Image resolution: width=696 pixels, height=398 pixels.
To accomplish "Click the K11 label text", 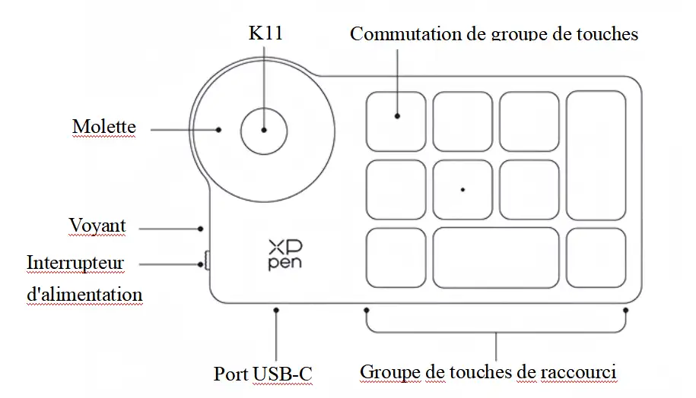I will tap(265, 33).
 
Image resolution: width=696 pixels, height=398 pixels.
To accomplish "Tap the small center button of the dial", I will tap(264, 130).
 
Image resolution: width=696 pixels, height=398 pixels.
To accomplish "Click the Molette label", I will tap(103, 126).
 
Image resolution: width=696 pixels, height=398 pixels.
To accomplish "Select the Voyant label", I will tap(97, 226).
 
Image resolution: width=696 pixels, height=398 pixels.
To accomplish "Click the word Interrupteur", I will tap(75, 263).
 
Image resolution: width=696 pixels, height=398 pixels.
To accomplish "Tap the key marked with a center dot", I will tap(462, 189).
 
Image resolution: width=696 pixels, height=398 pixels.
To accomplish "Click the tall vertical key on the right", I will tap(596, 155).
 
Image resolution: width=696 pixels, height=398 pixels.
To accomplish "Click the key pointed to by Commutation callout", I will tap(396, 121).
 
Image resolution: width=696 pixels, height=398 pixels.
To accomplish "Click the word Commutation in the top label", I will tap(396, 34).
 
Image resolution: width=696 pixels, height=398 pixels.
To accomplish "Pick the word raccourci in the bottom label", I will tap(579, 372).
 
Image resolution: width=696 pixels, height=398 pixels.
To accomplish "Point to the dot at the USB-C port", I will tap(276, 310).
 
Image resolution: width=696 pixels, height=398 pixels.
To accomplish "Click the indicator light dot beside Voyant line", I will tap(200, 227).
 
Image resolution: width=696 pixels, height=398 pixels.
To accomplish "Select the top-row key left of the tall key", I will tap(529, 121).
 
